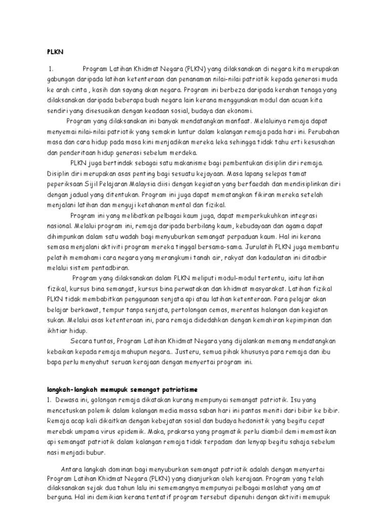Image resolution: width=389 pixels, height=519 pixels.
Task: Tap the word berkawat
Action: (x=83, y=310)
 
